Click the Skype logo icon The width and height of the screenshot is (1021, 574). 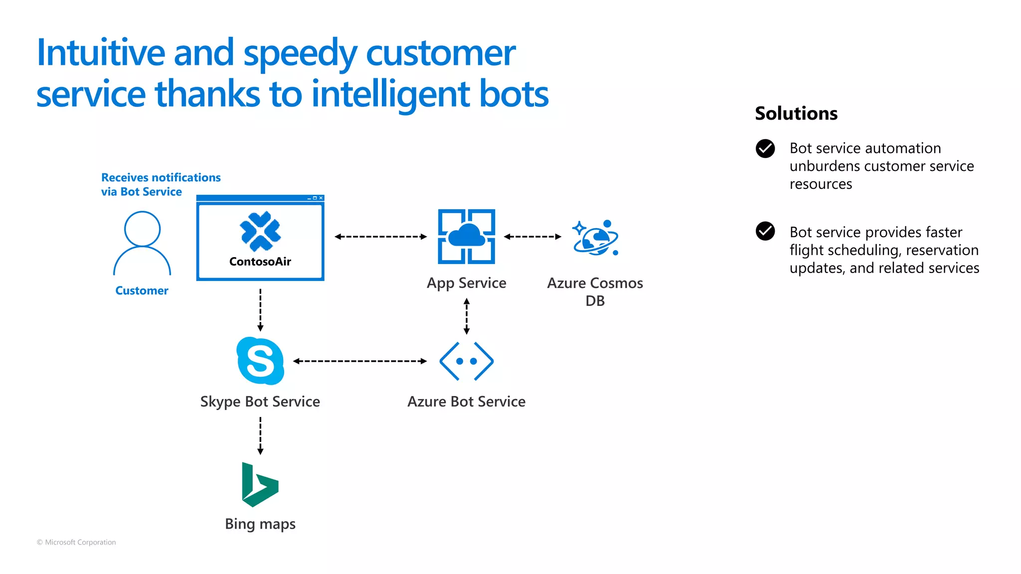(260, 361)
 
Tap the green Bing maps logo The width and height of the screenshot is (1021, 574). (259, 485)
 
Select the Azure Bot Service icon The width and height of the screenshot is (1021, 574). (466, 361)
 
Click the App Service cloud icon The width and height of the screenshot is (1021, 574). (466, 236)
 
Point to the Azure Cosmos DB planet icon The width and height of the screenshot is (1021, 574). (595, 238)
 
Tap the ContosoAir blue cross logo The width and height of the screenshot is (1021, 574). (260, 231)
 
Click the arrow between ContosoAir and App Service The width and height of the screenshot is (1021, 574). (380, 237)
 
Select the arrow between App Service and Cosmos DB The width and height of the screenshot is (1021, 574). (532, 237)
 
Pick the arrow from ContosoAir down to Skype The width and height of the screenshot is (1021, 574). (260, 310)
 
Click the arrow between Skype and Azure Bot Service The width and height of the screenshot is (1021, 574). (359, 361)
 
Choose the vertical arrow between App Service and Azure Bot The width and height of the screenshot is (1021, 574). (467, 316)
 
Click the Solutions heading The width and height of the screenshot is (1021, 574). (796, 114)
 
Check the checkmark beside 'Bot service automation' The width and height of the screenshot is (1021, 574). (765, 148)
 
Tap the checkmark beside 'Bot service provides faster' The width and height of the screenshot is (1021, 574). (765, 231)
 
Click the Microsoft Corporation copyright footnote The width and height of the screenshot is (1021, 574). (76, 542)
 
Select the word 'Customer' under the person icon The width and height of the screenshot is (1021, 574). (142, 290)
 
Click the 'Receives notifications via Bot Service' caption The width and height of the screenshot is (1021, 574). (161, 184)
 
